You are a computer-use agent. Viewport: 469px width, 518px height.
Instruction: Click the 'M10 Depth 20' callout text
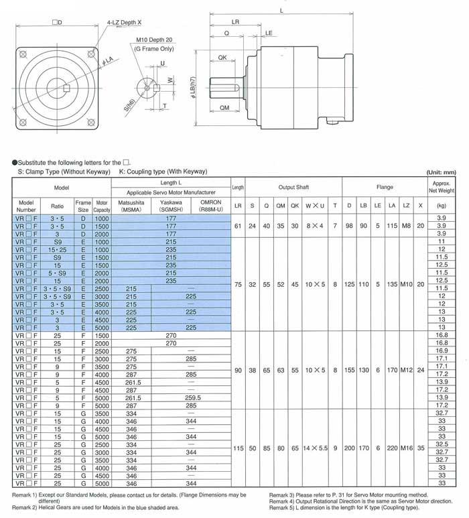coord(155,40)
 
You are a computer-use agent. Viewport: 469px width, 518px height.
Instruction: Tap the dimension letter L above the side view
coord(279,10)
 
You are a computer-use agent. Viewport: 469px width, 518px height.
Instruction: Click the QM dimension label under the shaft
coord(224,108)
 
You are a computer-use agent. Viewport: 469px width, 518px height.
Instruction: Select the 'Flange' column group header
coord(385,187)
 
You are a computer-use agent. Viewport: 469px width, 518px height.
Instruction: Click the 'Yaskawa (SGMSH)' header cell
coord(171,205)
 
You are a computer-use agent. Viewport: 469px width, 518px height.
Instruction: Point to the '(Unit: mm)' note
coord(440,172)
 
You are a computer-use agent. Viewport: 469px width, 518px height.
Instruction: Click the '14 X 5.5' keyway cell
coord(316,446)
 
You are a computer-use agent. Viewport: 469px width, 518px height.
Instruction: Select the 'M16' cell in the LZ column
coord(406,446)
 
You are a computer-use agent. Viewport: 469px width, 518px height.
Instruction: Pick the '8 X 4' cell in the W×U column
coord(316,226)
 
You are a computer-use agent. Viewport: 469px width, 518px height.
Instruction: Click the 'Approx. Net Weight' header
coord(442,187)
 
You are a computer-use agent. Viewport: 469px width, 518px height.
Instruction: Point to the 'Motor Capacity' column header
coord(101,205)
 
